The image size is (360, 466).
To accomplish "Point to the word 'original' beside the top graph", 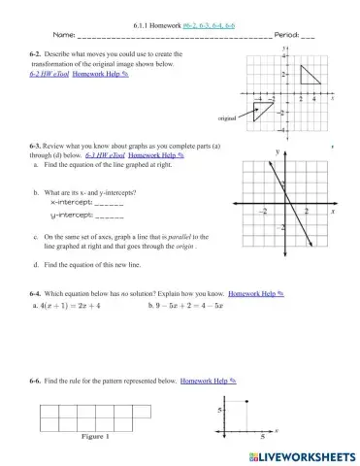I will click(x=228, y=117).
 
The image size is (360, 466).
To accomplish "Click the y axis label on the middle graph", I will click(x=278, y=152).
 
